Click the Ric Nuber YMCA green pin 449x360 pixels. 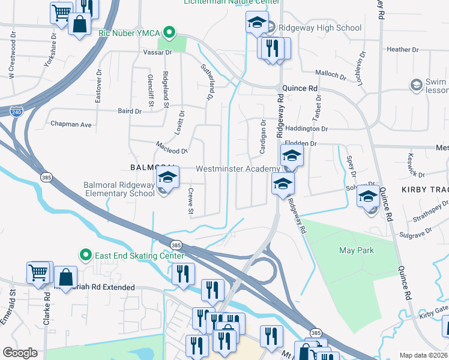170,32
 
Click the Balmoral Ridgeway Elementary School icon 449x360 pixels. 168,179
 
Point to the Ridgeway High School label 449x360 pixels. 321,28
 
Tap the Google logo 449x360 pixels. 20,353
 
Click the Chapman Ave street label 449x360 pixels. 71,125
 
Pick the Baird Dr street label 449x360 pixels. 130,111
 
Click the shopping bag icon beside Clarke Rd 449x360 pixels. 66,277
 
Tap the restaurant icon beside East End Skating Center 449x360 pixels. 183,274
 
